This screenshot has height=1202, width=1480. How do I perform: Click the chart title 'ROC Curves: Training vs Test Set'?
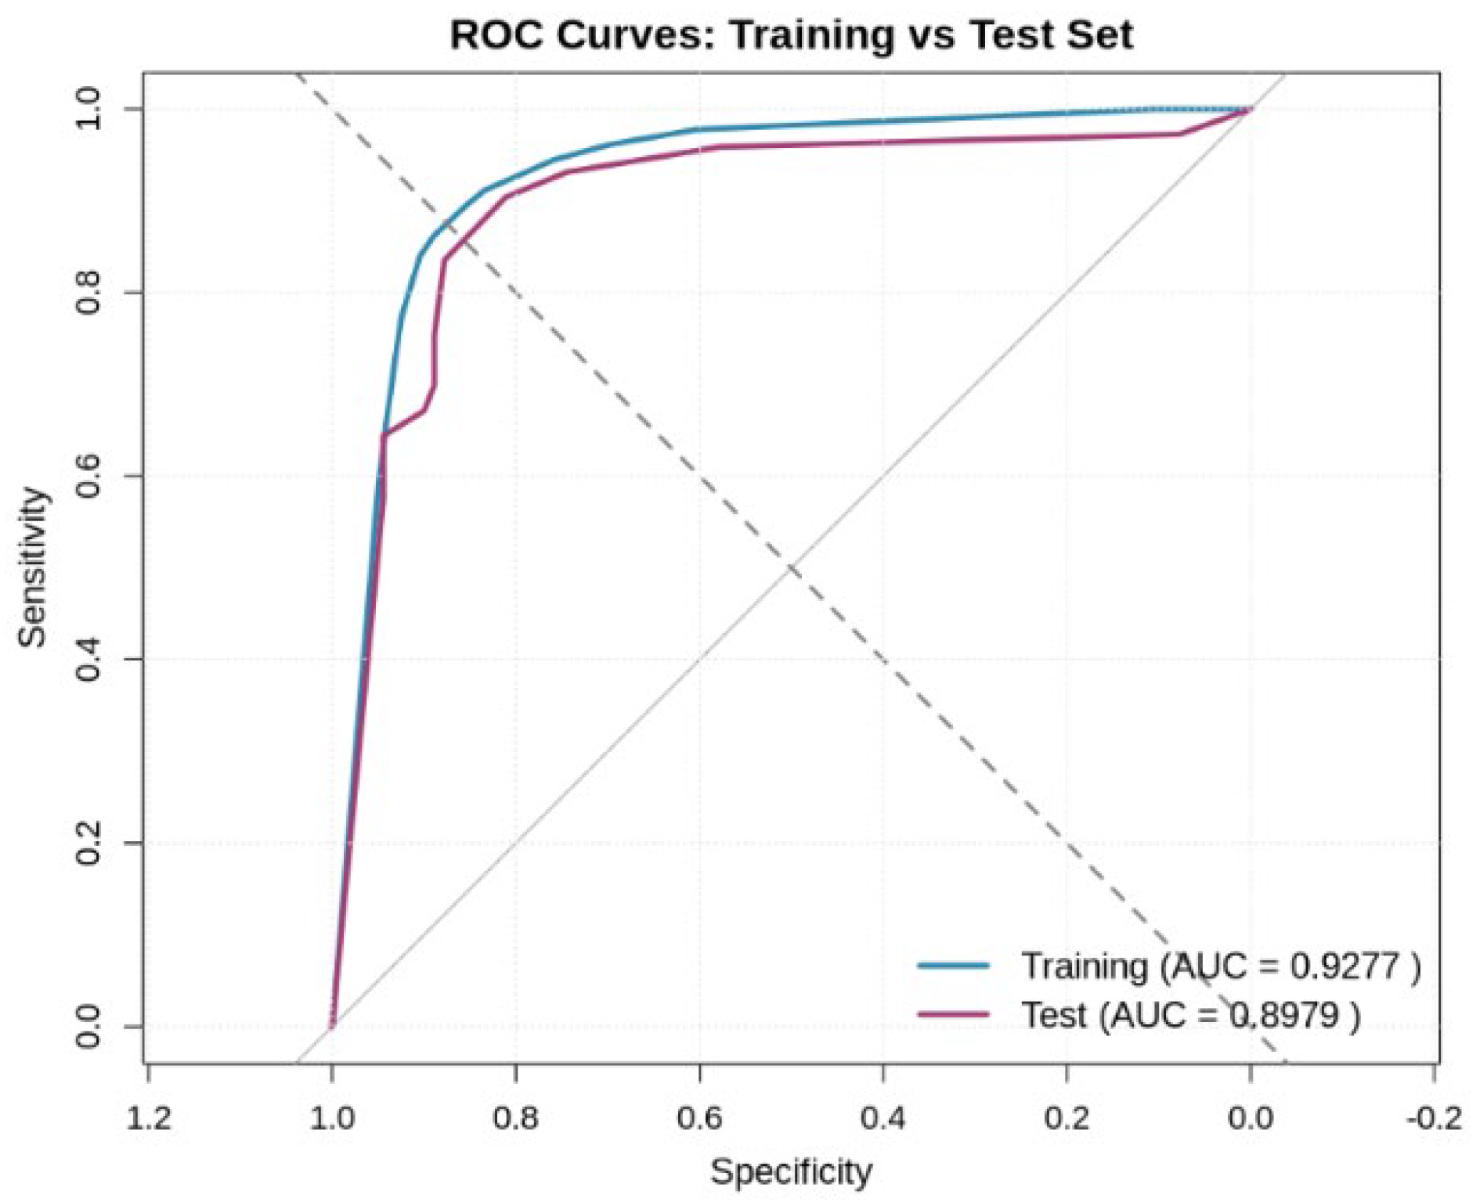point(791,35)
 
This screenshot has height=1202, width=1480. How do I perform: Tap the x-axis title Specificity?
point(791,1171)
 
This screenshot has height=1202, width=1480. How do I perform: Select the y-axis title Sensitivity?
point(33,567)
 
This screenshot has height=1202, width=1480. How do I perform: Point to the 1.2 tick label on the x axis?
point(148,1117)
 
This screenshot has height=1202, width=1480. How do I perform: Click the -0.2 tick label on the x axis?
point(1434,1117)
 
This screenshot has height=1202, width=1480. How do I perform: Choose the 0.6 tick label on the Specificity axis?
point(699,1117)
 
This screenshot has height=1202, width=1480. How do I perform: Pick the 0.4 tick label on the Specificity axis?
point(883,1117)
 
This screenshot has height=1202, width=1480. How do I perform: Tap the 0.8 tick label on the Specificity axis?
point(516,1117)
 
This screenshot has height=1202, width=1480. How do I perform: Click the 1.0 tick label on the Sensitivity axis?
point(88,109)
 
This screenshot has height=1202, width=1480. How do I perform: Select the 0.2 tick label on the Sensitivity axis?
point(88,843)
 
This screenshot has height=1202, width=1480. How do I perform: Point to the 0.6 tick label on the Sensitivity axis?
point(88,476)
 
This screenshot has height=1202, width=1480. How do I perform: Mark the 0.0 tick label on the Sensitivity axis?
point(88,1026)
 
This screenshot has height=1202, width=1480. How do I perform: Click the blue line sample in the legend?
point(953,966)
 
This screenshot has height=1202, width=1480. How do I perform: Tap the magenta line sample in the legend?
point(953,1015)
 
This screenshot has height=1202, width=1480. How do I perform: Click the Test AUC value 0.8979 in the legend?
point(1283,1015)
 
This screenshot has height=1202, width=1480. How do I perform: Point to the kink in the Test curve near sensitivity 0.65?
point(384,434)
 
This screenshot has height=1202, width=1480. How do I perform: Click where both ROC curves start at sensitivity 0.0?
point(333,1024)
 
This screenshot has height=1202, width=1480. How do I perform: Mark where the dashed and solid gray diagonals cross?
point(792,567)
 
